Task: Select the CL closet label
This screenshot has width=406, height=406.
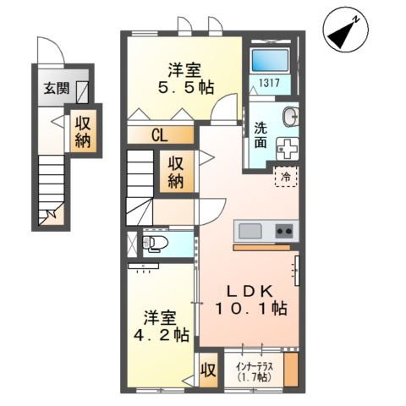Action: [160, 134]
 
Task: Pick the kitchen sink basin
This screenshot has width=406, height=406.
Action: [252, 231]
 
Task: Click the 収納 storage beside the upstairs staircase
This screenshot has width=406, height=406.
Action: [177, 172]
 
